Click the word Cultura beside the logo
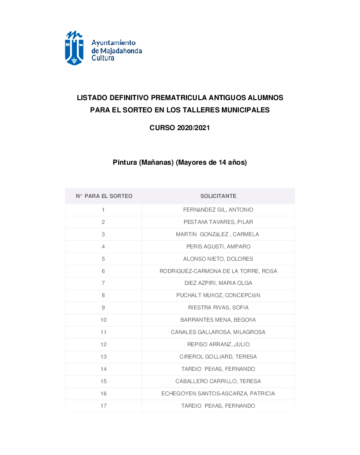[x=103, y=58]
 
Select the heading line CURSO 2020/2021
[x=180, y=128]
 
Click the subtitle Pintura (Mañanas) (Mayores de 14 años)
[x=180, y=162]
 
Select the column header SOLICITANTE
[x=218, y=196]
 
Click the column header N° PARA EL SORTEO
[x=104, y=196]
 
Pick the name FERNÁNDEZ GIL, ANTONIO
[x=218, y=210]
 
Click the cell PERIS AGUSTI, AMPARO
[x=218, y=247]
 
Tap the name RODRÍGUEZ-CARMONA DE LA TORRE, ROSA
[x=218, y=271]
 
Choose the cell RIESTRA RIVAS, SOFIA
[x=218, y=308]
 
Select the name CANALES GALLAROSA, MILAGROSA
[x=218, y=332]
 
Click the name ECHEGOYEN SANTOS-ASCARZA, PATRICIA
[x=218, y=394]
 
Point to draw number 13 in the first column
[x=104, y=357]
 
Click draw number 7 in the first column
[x=103, y=283]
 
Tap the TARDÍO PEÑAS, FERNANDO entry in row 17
[x=218, y=406]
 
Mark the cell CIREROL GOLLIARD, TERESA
[x=218, y=357]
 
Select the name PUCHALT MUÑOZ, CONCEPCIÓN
[x=218, y=295]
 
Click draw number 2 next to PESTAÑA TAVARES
[x=103, y=222]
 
